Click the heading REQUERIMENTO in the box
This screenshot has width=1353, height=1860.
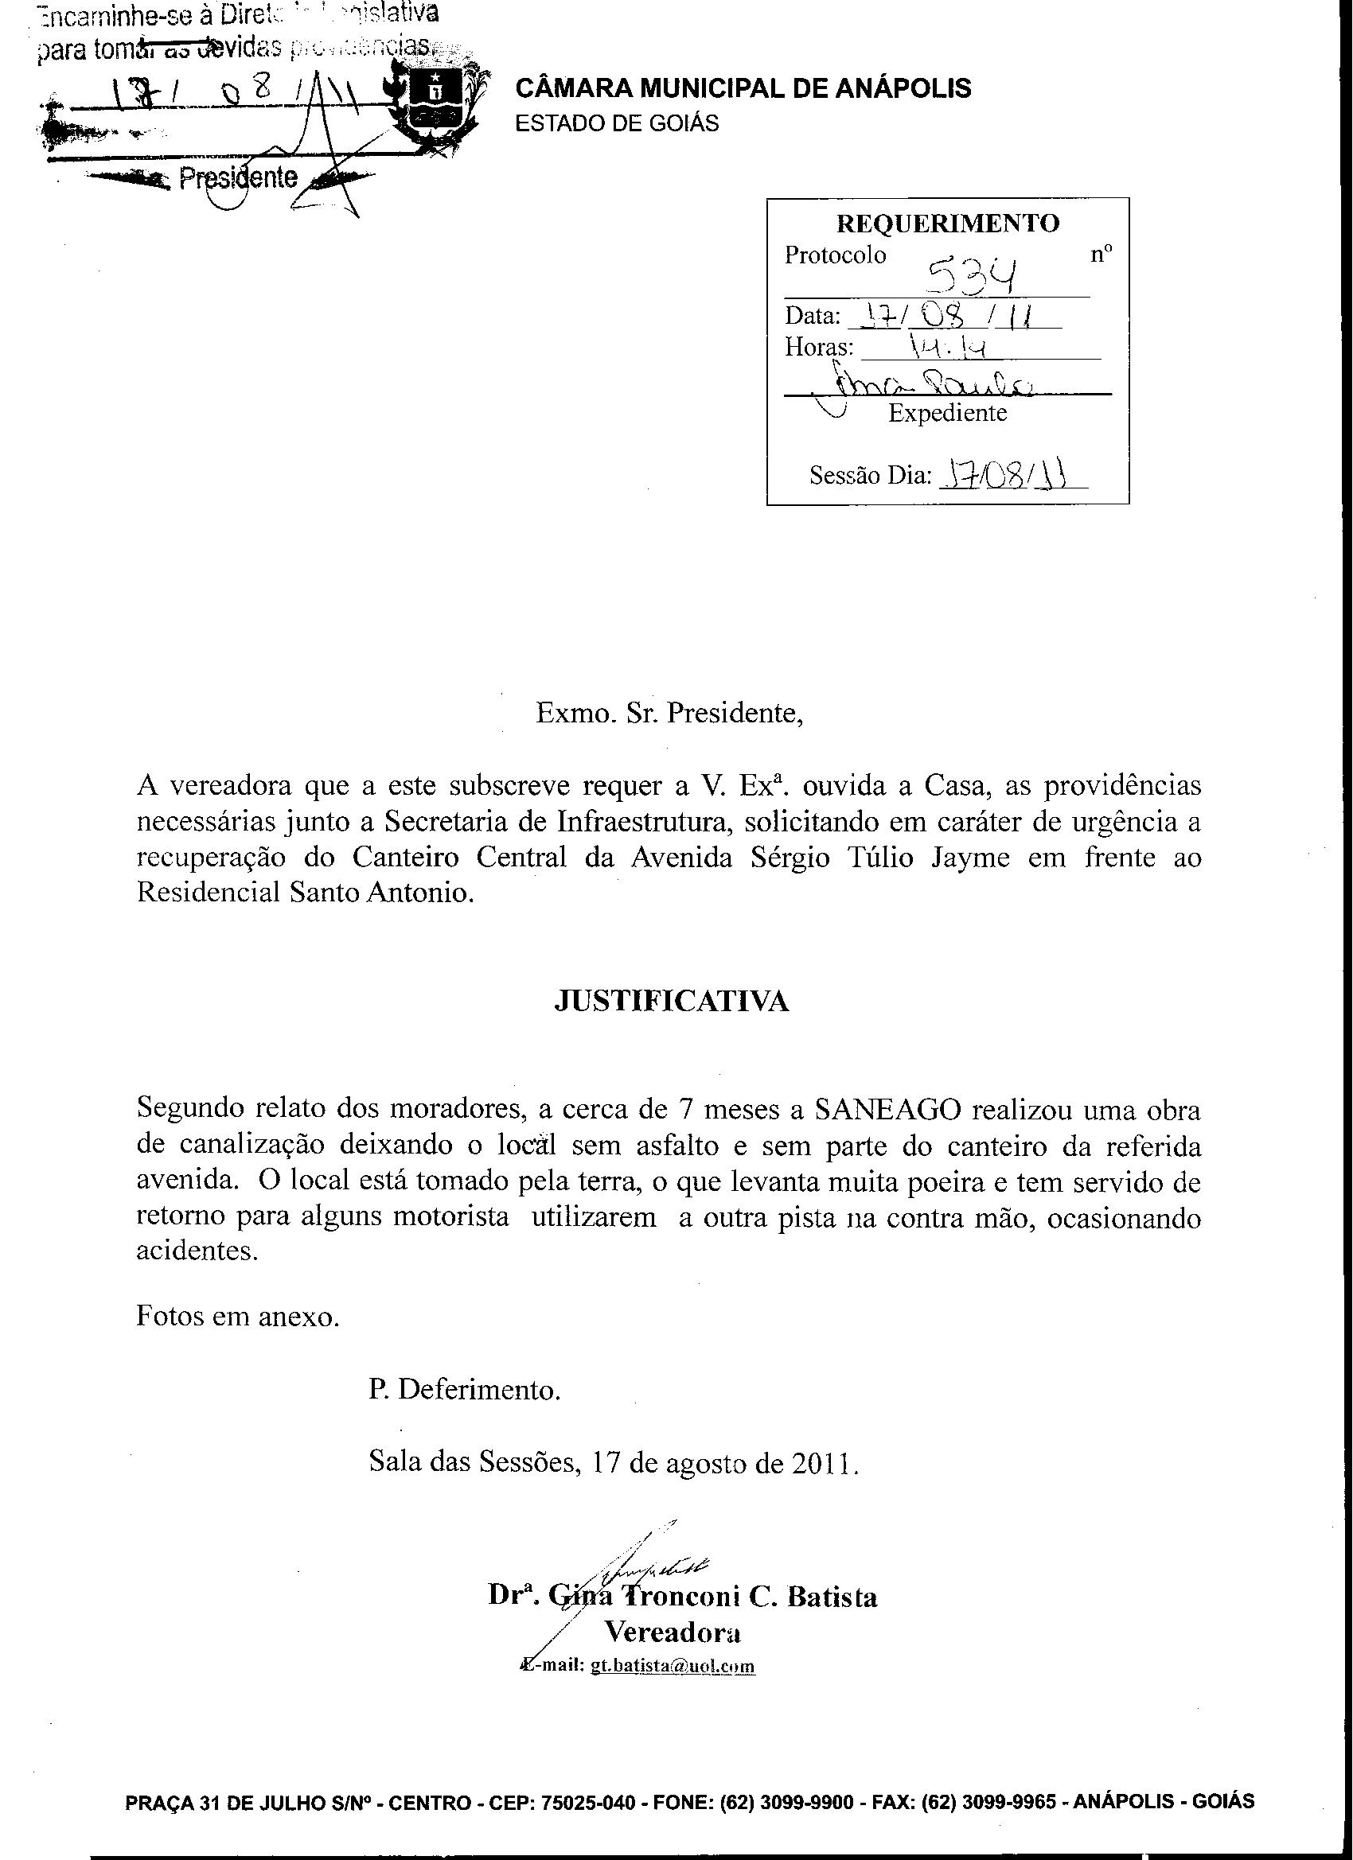(947, 223)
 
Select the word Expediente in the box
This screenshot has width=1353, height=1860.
(947, 413)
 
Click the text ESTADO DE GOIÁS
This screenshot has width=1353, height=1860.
(616, 123)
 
